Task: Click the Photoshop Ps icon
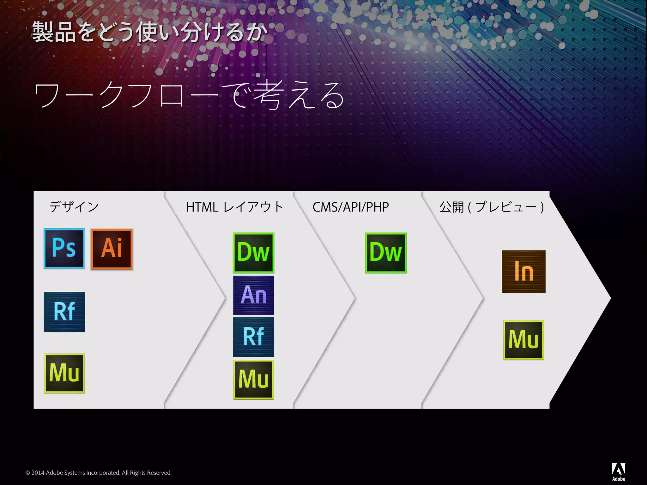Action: click(x=64, y=248)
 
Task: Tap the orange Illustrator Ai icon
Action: click(x=112, y=249)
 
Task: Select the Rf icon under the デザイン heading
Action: click(x=64, y=312)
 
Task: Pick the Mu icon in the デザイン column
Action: click(x=64, y=373)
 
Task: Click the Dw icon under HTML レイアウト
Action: click(x=253, y=253)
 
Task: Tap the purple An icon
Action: click(x=253, y=295)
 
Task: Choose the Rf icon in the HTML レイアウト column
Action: click(x=253, y=337)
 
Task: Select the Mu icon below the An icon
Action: click(x=253, y=380)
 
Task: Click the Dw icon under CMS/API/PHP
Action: click(x=386, y=253)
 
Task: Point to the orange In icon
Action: click(x=523, y=272)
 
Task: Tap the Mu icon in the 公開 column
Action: click(x=523, y=340)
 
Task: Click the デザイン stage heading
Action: click(x=74, y=207)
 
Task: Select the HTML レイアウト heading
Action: click(x=234, y=207)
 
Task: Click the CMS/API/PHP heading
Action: click(x=351, y=207)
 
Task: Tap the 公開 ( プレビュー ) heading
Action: click(x=492, y=207)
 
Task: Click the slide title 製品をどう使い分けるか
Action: click(x=150, y=32)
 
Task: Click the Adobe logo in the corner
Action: click(x=619, y=472)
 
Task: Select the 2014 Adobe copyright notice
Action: click(x=98, y=473)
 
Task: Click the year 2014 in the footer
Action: click(x=38, y=473)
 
